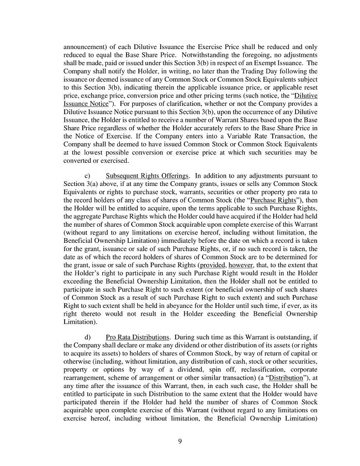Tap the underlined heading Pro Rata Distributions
pyautogui.click(x=137, y=338)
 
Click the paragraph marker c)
pyautogui.click(x=88, y=176)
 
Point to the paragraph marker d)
pyautogui.click(x=88, y=338)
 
